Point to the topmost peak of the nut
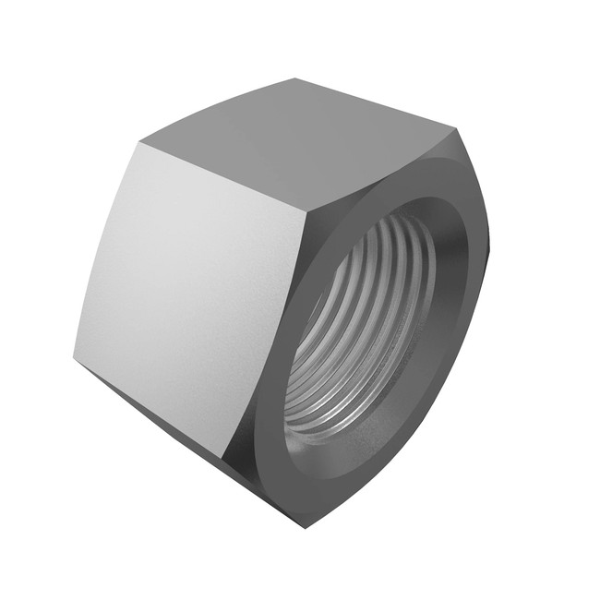coord(295,79)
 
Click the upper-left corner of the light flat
coord(140,143)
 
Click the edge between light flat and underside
coord(148,407)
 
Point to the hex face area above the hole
coord(388,180)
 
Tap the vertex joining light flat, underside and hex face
coord(224,457)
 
